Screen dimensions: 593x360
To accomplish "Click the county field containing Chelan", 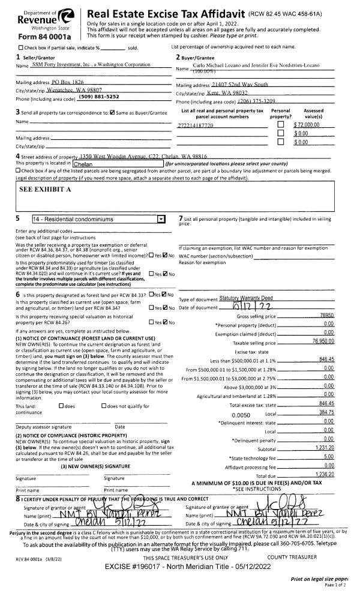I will [116, 164].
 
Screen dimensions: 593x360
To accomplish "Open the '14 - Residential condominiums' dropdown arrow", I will [160, 220].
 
